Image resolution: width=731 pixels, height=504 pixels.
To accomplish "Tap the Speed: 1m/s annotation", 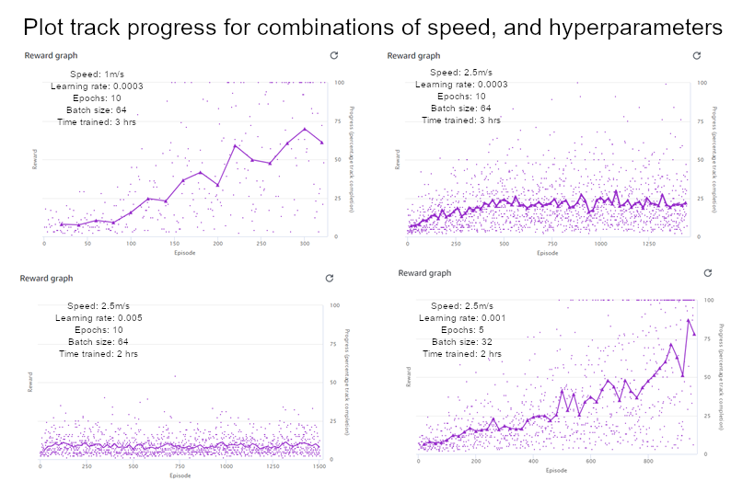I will (97, 73).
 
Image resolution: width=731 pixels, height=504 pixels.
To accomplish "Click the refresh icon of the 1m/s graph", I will (333, 56).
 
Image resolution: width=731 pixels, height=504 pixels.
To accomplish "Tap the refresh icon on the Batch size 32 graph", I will (707, 273).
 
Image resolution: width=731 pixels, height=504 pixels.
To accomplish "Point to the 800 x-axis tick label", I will (647, 462).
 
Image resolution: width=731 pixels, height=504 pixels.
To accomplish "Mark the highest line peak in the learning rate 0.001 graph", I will (689, 320).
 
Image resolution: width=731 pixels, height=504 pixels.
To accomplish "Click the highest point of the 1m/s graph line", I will (305, 129).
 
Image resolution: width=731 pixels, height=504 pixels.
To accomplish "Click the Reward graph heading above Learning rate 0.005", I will (48, 279).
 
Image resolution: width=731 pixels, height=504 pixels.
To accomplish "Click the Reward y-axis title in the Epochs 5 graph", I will (408, 377).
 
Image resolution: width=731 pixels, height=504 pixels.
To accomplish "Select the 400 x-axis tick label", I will (533, 462).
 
